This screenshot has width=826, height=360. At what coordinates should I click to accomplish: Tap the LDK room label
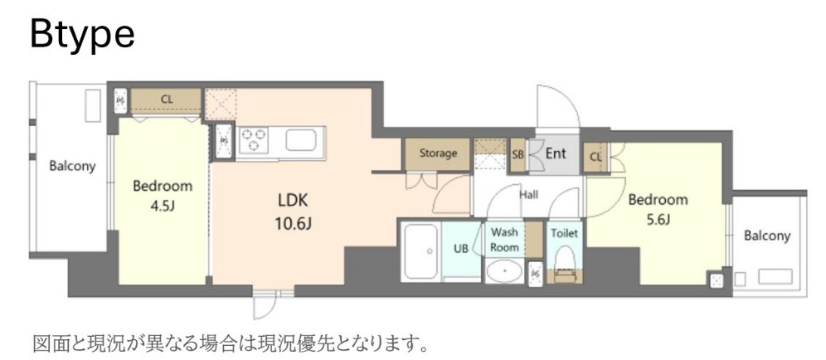(x=294, y=202)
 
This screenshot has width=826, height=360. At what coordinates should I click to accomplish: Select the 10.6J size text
(x=294, y=223)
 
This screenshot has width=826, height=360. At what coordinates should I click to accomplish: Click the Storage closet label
(x=438, y=153)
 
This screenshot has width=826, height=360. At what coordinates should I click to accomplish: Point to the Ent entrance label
(x=555, y=153)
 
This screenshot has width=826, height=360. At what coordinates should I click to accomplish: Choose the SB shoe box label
(x=517, y=154)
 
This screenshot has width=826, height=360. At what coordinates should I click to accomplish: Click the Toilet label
(x=565, y=233)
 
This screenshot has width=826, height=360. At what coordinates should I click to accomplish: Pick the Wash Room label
(x=504, y=241)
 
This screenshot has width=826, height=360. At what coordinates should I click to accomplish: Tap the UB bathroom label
(x=461, y=248)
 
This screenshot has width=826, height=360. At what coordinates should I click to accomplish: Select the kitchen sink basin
(x=304, y=139)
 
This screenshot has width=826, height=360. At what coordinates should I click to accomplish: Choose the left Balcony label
(x=72, y=166)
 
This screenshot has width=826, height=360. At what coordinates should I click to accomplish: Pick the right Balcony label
(x=766, y=236)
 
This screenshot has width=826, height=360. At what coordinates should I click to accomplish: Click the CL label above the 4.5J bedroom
(x=167, y=100)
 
